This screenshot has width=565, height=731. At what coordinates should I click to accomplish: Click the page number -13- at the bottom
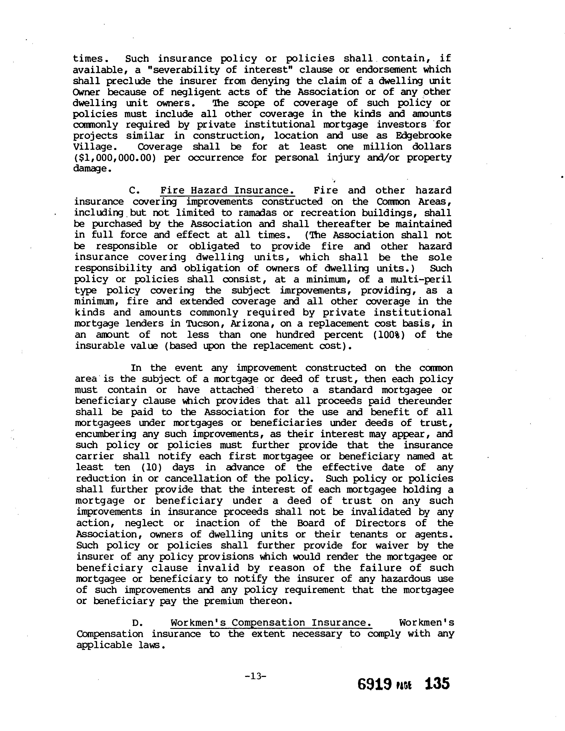click(255, 676)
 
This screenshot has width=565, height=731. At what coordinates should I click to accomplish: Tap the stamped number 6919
click(374, 684)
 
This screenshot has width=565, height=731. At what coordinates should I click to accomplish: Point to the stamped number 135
click(437, 683)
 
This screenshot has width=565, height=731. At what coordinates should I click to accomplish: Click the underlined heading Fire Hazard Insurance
click(227, 191)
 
